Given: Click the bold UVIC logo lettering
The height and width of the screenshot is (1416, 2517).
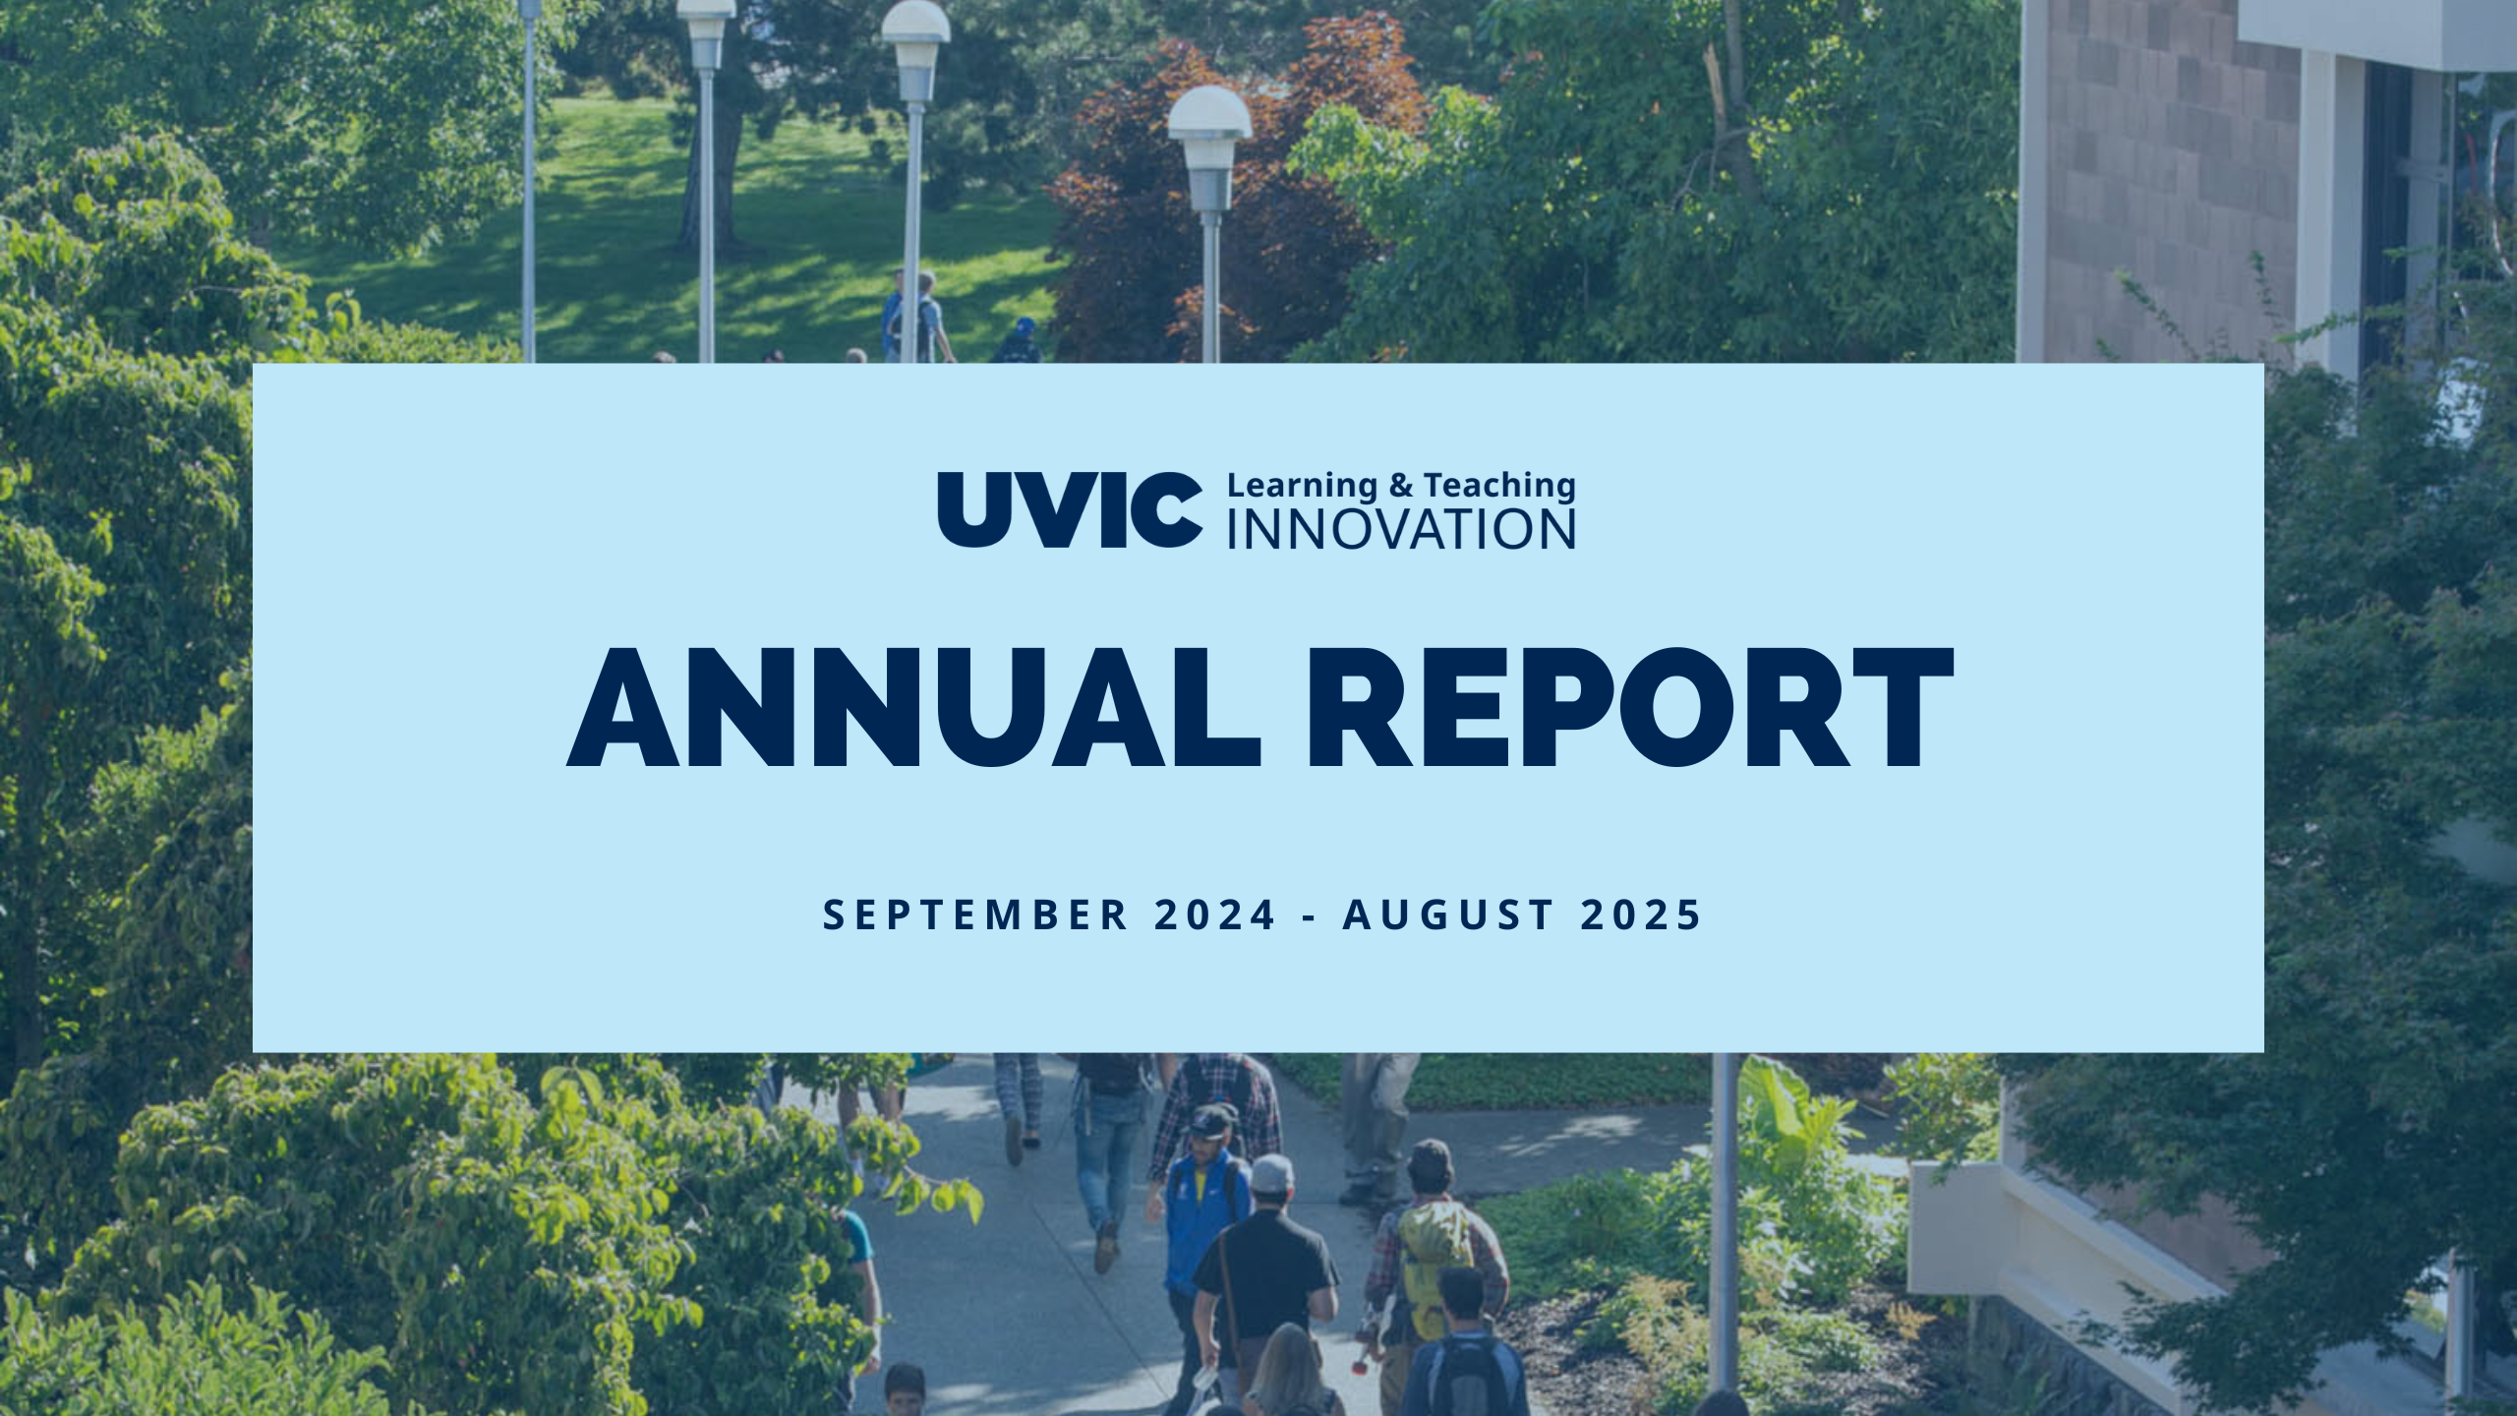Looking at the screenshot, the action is (x=1070, y=509).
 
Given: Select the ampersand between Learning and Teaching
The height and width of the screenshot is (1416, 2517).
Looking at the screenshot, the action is (x=1400, y=485).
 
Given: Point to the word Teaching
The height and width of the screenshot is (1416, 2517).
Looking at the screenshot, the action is (x=1499, y=486).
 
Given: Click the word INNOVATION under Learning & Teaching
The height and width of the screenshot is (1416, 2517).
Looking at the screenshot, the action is (x=1401, y=529).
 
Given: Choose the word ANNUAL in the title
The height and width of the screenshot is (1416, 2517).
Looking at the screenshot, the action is (x=913, y=708).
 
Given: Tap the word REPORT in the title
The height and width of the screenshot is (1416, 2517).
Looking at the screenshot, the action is (x=1629, y=708).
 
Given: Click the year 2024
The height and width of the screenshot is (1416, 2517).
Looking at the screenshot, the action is (x=1214, y=914).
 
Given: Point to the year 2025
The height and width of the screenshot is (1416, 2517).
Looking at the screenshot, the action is (x=1641, y=914).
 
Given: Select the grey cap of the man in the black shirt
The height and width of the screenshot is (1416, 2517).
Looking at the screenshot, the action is (x=1271, y=1172).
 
